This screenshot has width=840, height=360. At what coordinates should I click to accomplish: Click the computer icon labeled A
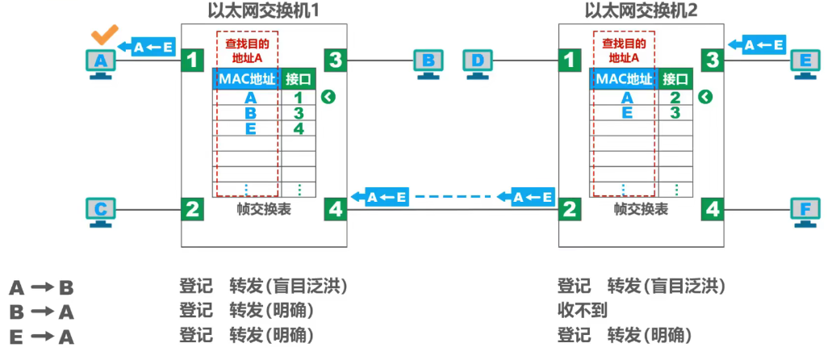point(101,62)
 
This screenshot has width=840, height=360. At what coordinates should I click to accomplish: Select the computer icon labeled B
point(428,62)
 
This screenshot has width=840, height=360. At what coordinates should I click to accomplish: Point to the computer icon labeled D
point(479,62)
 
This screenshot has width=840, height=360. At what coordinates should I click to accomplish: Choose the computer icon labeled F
point(805,211)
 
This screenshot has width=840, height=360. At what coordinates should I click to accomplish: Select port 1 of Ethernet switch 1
point(192,60)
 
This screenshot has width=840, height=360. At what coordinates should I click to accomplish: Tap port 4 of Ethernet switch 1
point(336,210)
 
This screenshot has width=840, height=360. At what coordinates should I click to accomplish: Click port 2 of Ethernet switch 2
point(570,210)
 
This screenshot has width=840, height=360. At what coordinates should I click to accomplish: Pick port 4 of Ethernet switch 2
point(713,210)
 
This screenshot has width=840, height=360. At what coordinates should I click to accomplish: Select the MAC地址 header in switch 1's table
point(247,79)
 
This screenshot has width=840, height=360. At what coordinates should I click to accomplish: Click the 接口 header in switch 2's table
point(675,79)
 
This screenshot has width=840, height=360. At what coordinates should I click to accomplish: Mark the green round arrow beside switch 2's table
point(706,98)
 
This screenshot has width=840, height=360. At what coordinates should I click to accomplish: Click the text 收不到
point(582,311)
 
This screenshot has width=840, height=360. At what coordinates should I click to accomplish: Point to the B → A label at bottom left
point(41,312)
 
